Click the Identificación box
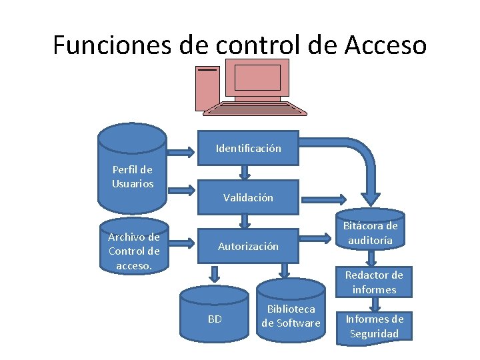tap(248, 148)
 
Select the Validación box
tap(248, 197)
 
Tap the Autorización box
tap(248, 246)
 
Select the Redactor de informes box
tap(374, 282)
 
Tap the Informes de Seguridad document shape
tap(374, 326)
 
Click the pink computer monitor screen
tap(257, 77)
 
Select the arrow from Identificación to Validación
tap(245, 172)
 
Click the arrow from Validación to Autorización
tap(245, 221)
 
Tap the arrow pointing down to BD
tap(215, 273)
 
